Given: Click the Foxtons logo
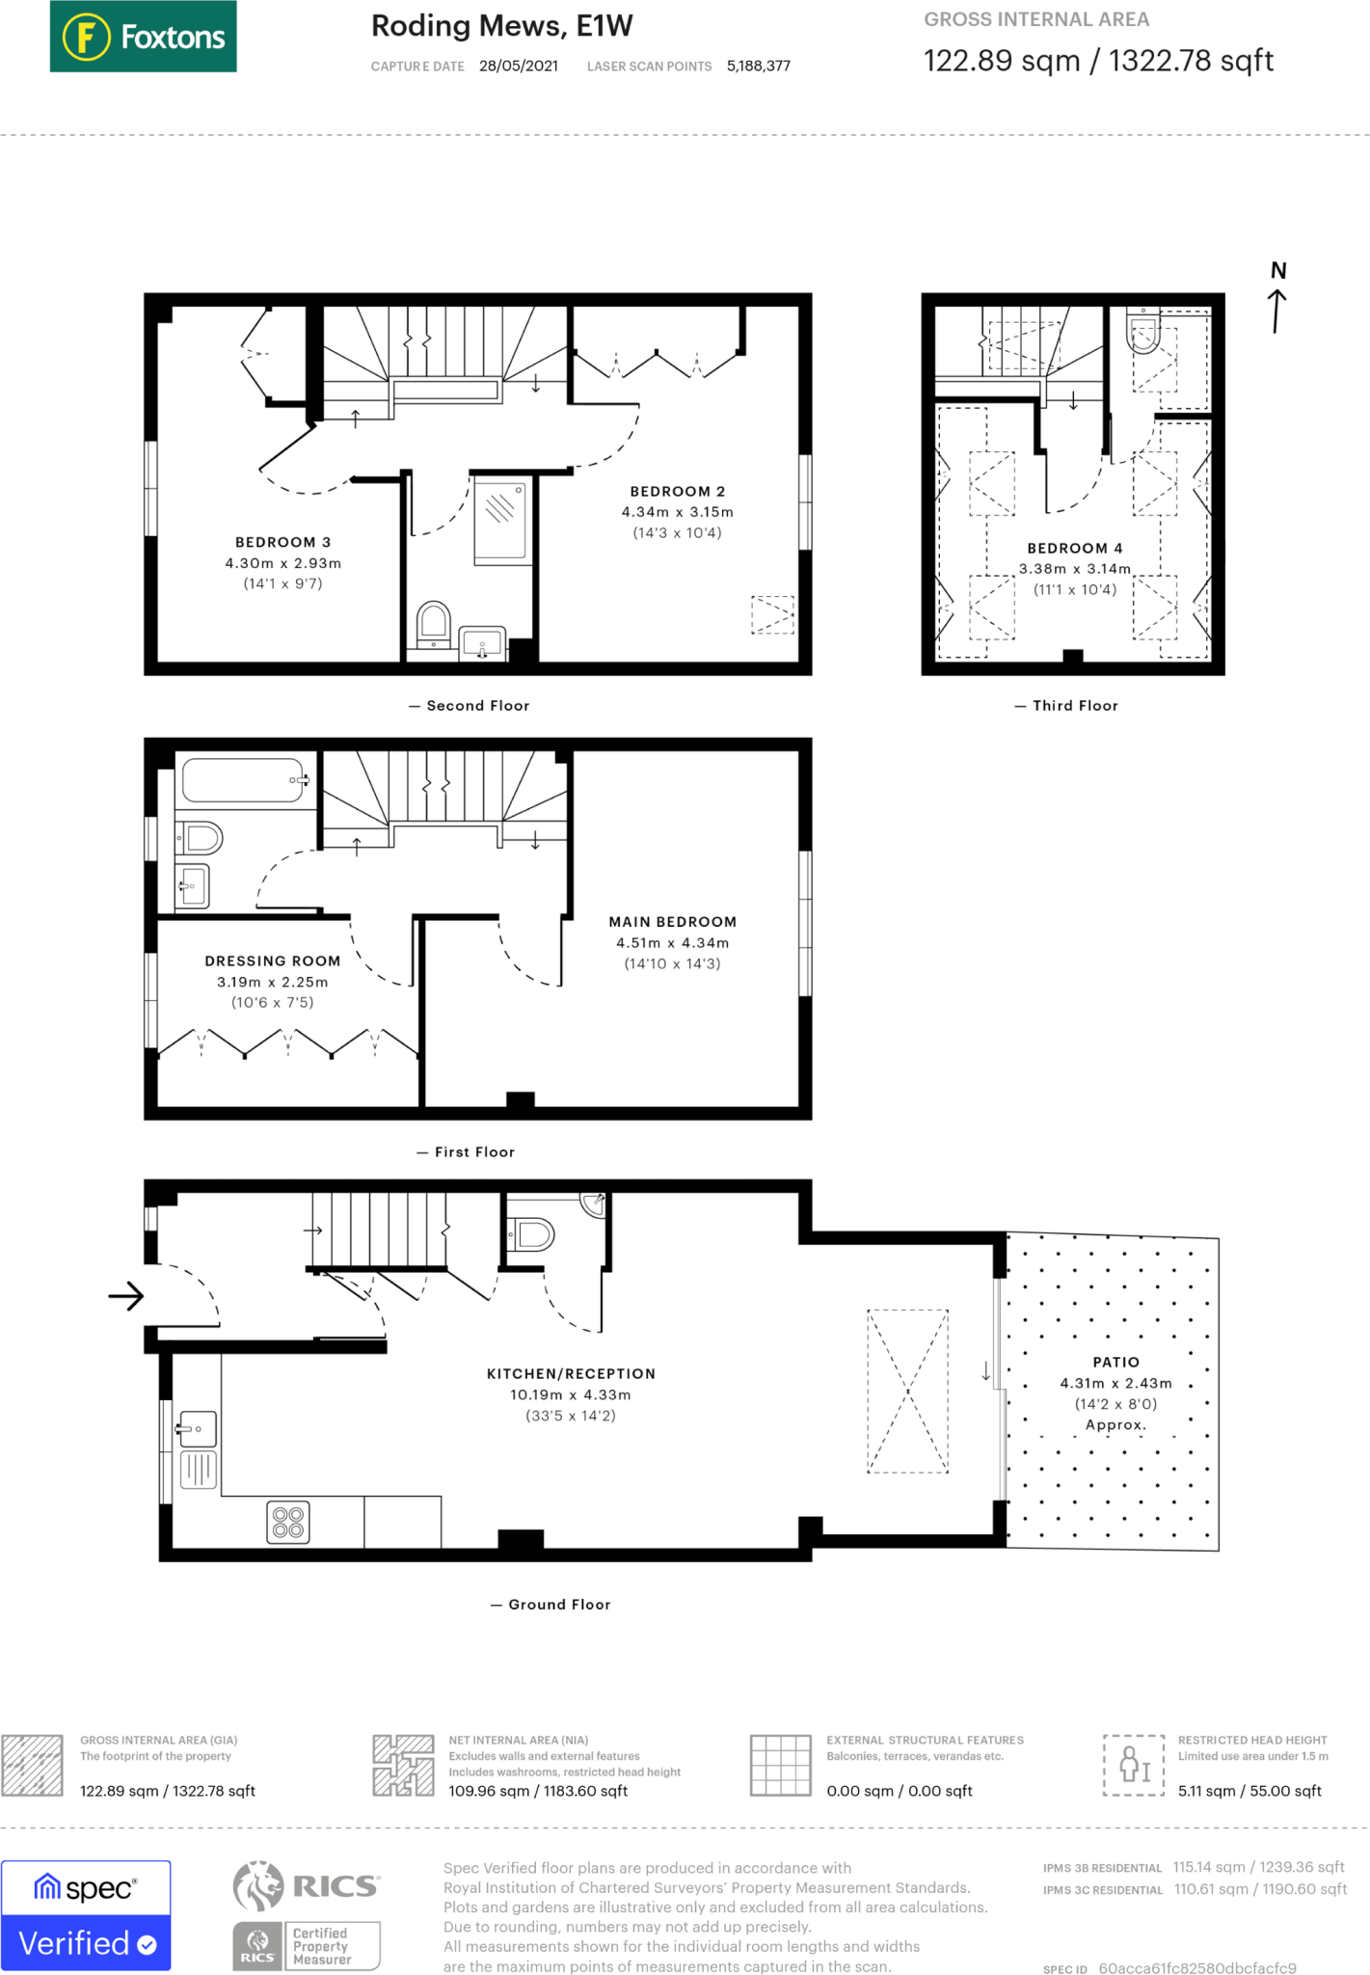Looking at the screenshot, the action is tap(143, 37).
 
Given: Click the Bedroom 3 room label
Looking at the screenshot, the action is tap(282, 542).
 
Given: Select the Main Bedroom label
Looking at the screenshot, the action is tap(672, 922).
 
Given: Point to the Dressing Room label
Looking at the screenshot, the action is tap(272, 960).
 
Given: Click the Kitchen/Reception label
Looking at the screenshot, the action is tap(571, 1373).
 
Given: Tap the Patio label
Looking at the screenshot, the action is tap(1115, 1362).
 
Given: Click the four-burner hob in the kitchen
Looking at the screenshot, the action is tap(288, 1522).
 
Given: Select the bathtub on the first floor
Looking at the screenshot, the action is tap(245, 780).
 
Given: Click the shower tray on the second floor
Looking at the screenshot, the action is tap(500, 522).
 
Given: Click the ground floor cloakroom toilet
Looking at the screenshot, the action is tap(531, 1233).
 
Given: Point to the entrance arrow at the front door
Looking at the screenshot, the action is tap(126, 1296).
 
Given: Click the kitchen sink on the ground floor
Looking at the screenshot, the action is tap(197, 1428).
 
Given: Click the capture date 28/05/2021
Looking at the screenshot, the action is tap(519, 66).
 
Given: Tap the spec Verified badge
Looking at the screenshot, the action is tap(86, 1915).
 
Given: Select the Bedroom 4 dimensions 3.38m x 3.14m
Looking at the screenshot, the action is tap(1075, 569).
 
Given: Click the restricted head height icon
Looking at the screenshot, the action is tap(1134, 1765).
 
